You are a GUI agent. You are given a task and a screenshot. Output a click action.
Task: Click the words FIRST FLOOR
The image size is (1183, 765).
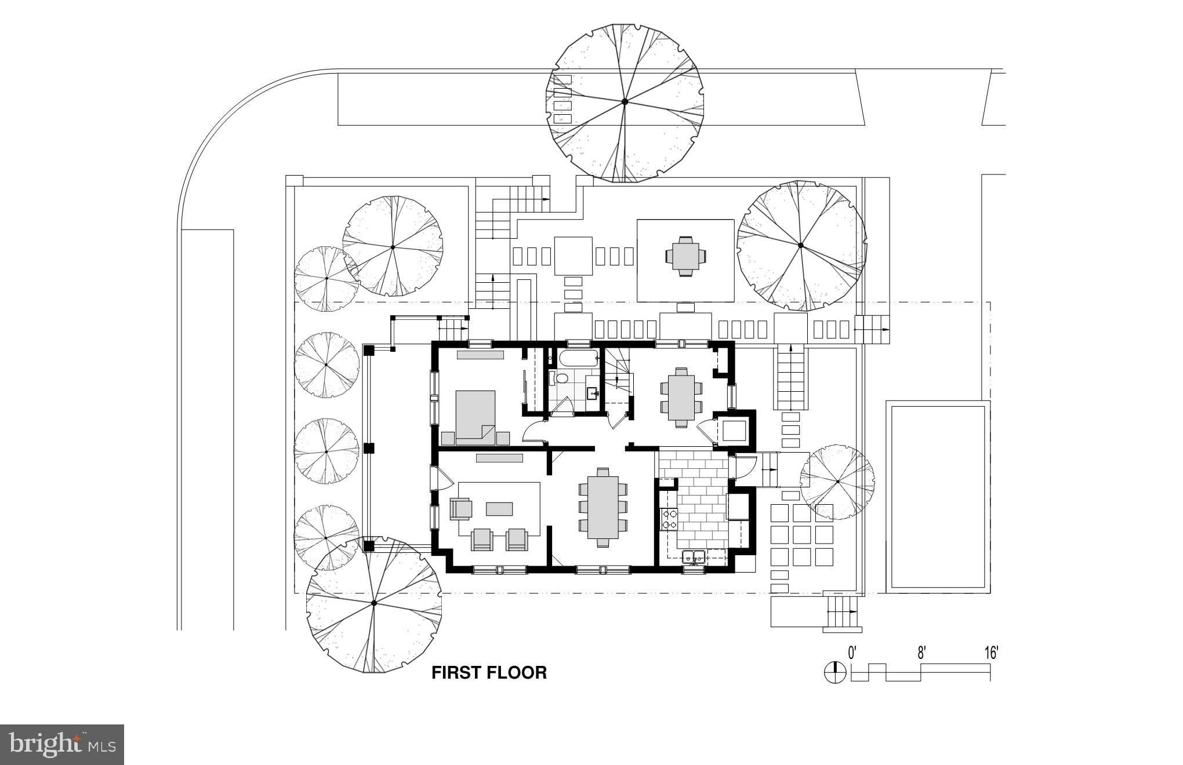(x=489, y=672)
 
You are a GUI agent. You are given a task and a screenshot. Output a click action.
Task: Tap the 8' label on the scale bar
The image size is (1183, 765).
(x=921, y=653)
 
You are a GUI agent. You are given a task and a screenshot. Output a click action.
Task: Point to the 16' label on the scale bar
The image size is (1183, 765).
(x=991, y=653)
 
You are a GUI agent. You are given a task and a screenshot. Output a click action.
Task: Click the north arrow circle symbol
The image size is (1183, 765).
(x=835, y=672)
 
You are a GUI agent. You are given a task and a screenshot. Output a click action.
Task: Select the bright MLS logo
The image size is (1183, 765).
(x=62, y=745)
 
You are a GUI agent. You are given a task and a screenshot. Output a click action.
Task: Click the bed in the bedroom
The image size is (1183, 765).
(x=476, y=417)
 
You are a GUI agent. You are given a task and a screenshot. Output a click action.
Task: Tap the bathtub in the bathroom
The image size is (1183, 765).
(x=578, y=358)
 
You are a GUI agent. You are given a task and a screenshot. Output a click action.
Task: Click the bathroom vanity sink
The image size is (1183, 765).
(x=593, y=394)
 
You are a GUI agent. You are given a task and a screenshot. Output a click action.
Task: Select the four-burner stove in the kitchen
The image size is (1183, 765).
(x=669, y=519)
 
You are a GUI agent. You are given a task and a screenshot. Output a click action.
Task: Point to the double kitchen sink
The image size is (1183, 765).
(x=694, y=558)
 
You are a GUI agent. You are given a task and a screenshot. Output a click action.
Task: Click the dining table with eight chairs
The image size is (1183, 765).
(x=603, y=507)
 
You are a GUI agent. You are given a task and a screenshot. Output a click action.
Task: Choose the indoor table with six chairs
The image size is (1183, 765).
(x=681, y=397)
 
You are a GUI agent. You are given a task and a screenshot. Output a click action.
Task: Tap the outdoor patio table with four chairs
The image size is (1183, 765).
(x=686, y=256)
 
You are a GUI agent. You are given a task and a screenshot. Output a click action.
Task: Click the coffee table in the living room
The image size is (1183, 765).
(x=499, y=508)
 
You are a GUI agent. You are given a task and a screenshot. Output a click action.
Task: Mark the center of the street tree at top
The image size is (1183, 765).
(x=625, y=102)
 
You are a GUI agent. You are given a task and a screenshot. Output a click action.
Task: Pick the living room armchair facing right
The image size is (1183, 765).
(x=461, y=509)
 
